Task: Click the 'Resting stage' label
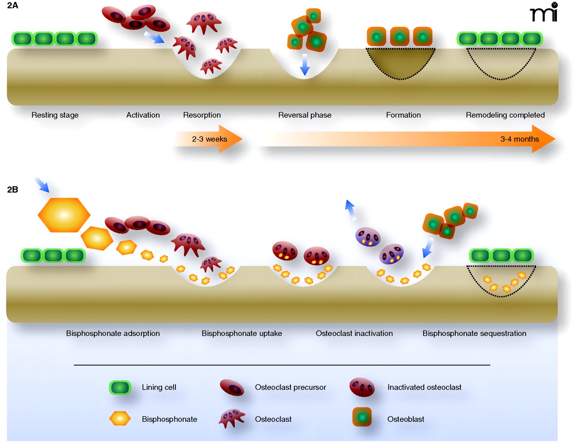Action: (55, 115)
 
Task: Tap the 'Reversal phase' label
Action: (304, 115)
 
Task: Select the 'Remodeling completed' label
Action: (505, 115)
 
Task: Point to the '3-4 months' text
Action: (519, 139)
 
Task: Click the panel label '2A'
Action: (13, 6)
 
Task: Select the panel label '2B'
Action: (13, 189)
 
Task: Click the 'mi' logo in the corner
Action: (544, 12)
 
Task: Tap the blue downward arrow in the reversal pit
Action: (305, 64)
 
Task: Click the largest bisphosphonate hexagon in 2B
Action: (64, 215)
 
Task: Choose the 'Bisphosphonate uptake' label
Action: (242, 333)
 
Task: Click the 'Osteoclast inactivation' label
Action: (354, 333)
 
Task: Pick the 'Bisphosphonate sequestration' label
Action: (474, 333)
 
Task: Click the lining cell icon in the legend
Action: (120, 387)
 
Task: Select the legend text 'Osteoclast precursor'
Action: (290, 387)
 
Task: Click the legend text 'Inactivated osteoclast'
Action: (424, 387)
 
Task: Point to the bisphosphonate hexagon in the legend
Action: (120, 418)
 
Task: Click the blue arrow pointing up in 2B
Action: (350, 210)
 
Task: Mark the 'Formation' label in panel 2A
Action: (403, 115)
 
